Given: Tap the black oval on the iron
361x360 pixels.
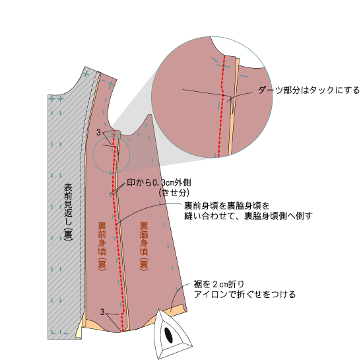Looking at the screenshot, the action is (x=169, y=335).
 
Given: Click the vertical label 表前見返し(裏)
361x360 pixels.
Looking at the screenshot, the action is (x=68, y=212).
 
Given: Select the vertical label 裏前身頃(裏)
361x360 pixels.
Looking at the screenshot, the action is (x=102, y=246).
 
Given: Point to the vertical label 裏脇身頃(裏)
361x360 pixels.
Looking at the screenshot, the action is (x=144, y=246).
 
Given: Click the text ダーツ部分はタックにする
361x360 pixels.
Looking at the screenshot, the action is (x=308, y=90).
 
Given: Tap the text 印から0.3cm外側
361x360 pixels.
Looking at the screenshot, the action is (x=159, y=183).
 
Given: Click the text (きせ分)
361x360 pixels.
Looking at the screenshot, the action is (x=174, y=193).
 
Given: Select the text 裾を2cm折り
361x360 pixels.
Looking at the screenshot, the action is (x=218, y=285).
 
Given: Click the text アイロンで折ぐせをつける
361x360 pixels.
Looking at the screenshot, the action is (x=245, y=295).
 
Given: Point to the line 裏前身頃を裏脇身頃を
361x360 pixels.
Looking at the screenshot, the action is (x=226, y=205).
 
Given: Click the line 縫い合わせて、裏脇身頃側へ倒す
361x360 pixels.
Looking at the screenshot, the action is (x=248, y=216).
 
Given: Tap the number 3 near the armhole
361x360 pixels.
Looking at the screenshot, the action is (x=98, y=132).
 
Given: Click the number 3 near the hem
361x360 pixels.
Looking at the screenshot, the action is (x=102, y=312).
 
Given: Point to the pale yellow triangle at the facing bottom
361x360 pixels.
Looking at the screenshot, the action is (x=79, y=330).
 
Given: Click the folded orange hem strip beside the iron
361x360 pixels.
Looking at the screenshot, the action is (x=177, y=308).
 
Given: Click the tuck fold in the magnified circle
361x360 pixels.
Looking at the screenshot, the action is (x=232, y=105).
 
